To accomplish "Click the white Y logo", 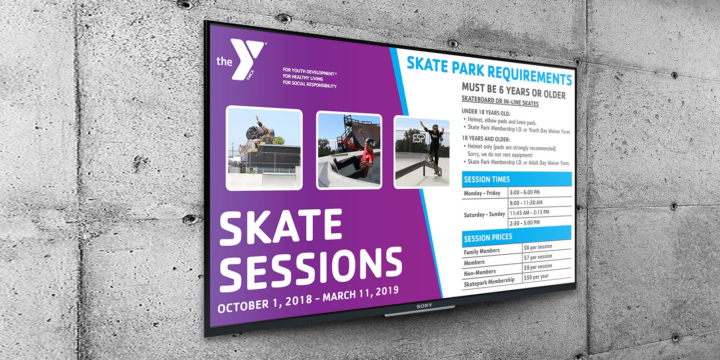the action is (247, 59).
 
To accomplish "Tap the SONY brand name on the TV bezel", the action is (424, 306).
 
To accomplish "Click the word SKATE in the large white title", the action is (281, 226).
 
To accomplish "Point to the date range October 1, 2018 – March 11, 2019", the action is (308, 299).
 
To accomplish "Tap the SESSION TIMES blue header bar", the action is (517, 180).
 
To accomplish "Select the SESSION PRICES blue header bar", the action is (517, 236).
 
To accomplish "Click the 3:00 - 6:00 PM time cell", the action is (525, 192).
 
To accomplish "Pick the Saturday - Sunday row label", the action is (484, 214).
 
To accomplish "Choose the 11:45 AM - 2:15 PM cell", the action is (529, 212).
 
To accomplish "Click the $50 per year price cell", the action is (536, 277).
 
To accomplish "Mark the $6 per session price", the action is (538, 247).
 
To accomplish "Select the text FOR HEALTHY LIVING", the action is (303, 77).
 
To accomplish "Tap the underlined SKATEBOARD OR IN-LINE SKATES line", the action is (500, 101).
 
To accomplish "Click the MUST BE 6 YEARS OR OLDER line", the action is (513, 90).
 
